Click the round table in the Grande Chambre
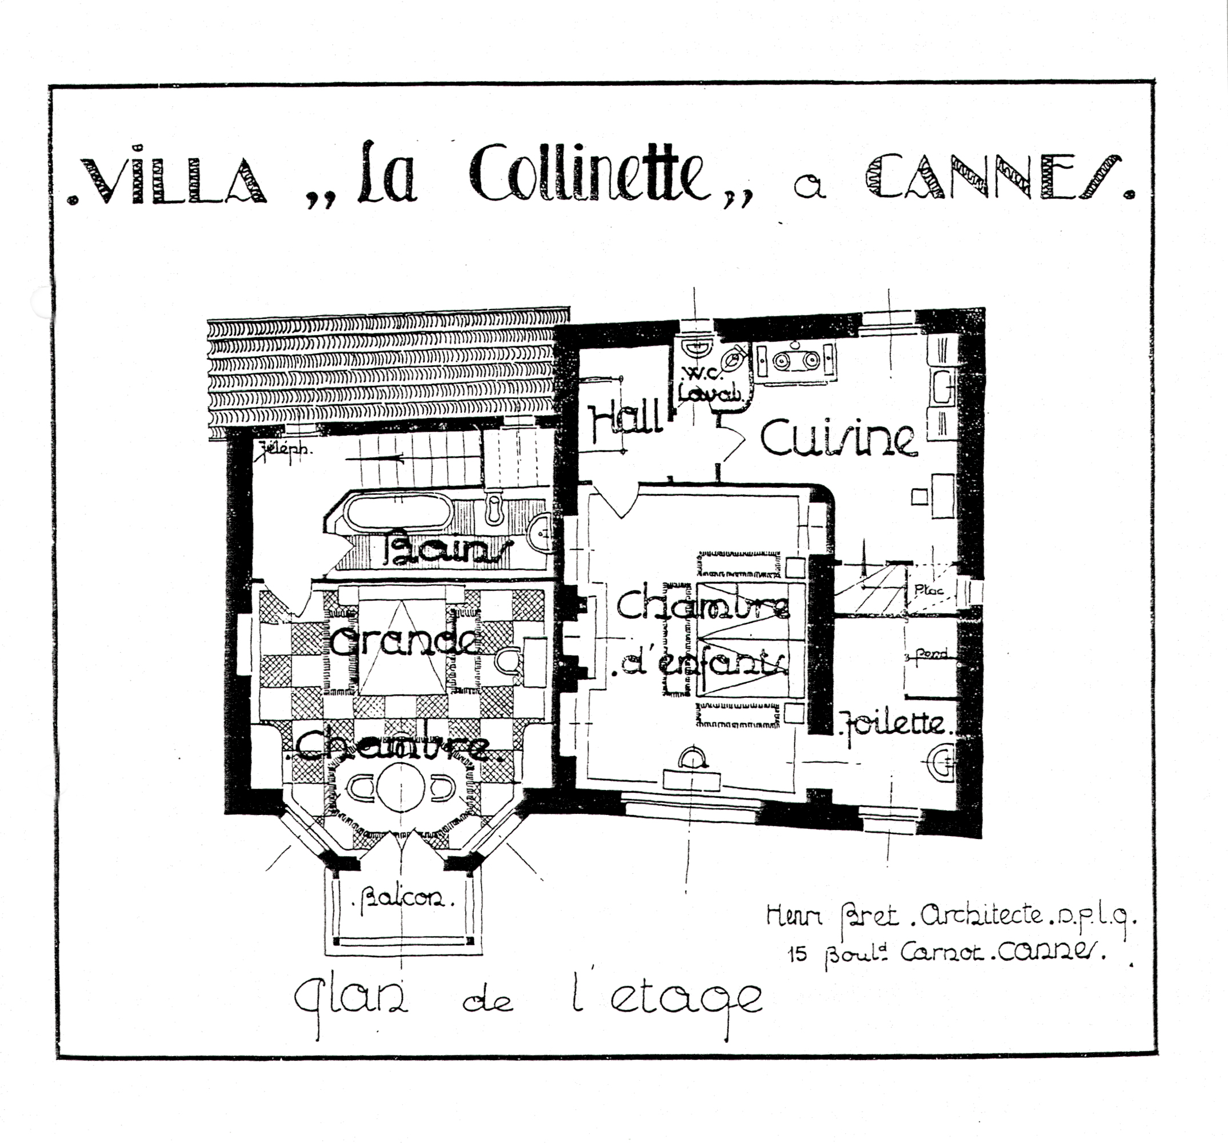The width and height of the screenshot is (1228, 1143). point(400,788)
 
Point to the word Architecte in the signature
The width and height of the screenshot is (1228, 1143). point(981,916)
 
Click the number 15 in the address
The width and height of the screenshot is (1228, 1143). point(798,954)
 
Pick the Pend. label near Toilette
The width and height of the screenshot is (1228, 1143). point(931,653)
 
